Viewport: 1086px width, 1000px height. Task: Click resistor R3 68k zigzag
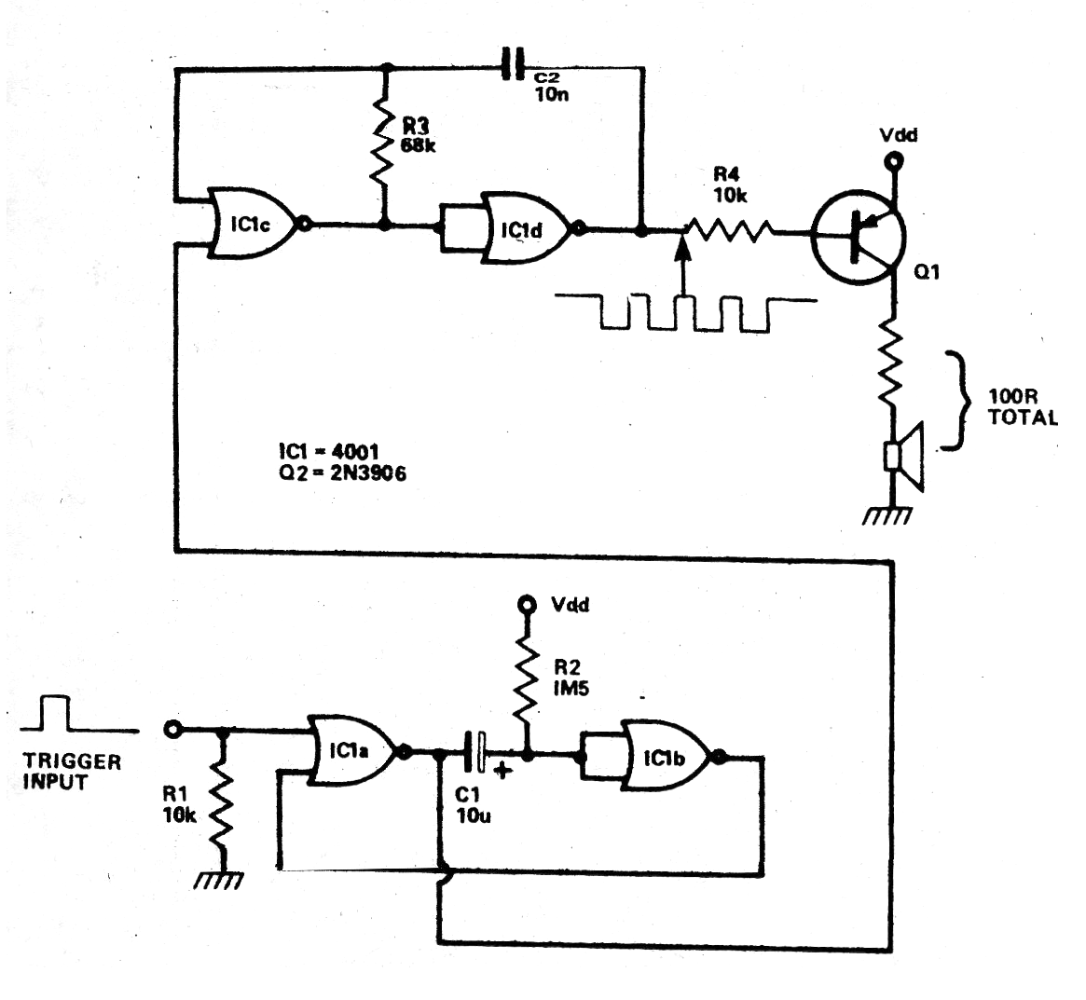click(383, 145)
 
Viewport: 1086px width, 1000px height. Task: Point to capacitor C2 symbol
click(511, 66)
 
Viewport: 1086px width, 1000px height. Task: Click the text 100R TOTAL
click(1022, 410)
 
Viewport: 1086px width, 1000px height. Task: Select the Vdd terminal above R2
click(528, 605)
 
